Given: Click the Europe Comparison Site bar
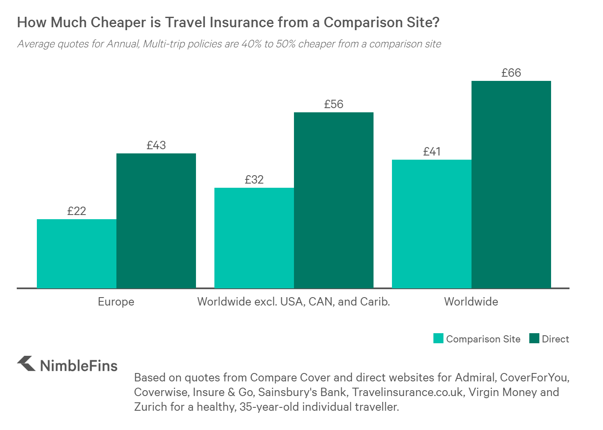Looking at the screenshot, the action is pyautogui.click(x=77, y=254).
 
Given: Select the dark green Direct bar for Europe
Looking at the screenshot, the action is pyautogui.click(x=156, y=220).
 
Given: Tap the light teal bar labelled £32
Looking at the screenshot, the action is pyautogui.click(x=254, y=238).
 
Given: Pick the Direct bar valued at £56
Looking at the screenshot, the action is pyautogui.click(x=334, y=200).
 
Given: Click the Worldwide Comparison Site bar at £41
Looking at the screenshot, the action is pyautogui.click(x=431, y=224).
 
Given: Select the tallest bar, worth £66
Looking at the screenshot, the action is pyautogui.click(x=511, y=184).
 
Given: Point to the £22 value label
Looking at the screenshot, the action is pyautogui.click(x=77, y=211).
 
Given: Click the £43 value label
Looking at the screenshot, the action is pyautogui.click(x=156, y=145).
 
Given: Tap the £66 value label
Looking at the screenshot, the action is pyautogui.click(x=511, y=73).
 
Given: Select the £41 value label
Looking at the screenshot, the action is pyautogui.click(x=431, y=151).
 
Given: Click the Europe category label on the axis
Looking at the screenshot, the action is pyautogui.click(x=116, y=302).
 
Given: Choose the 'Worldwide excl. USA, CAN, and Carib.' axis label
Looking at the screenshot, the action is pyautogui.click(x=294, y=302).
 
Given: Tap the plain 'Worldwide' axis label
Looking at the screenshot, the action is pyautogui.click(x=471, y=301).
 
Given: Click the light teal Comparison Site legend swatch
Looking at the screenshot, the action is pyautogui.click(x=438, y=338).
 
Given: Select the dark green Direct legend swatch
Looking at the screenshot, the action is pyautogui.click(x=534, y=338).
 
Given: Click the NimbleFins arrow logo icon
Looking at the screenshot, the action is pyautogui.click(x=26, y=363).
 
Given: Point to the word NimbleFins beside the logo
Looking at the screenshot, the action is pyautogui.click(x=79, y=366).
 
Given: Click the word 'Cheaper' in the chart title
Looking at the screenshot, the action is pyautogui.click(x=119, y=22).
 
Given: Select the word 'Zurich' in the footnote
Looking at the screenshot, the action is pyautogui.click(x=150, y=407).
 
